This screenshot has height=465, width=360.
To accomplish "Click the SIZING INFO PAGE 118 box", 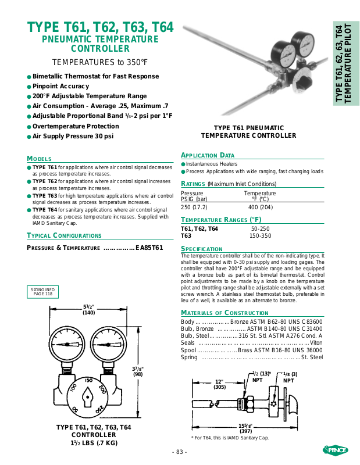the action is coord(42,292).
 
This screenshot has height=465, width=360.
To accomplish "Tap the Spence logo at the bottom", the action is coord(336,450).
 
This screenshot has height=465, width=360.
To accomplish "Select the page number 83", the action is coord(180,452).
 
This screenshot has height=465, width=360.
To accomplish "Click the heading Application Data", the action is coord(208,155).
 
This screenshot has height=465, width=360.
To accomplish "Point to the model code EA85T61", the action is coord(149,248).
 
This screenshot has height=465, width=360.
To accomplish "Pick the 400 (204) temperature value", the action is coord(261,208).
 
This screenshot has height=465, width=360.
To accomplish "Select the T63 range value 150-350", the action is coord(261,236).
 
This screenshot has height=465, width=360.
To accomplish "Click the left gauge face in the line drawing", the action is coord(67,344).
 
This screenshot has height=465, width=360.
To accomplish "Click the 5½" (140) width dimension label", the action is coord(89,310).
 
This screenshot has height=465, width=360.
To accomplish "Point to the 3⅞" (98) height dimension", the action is coord(138,371).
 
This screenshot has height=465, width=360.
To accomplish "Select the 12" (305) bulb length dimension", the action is coord(220,384).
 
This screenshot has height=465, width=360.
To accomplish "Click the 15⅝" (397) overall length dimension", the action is coord(246,428).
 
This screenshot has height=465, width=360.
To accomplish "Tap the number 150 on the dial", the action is coord(88,381).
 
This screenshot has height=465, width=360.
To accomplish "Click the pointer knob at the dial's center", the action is coord(88,397).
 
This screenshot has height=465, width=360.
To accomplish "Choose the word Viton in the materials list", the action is coord(316,343).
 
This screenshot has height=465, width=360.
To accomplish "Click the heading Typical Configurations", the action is coord(64,236).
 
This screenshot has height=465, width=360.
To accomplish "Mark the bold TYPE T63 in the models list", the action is coord(45,196).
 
